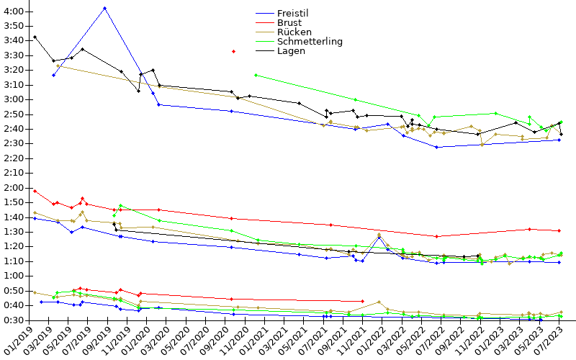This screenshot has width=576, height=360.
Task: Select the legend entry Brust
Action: pyautogui.click(x=289, y=23)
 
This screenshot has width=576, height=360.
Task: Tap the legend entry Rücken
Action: pyautogui.click(x=293, y=32)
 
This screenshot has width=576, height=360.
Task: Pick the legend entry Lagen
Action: pyautogui.click(x=291, y=51)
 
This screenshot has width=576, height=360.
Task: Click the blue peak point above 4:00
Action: pyautogui.click(x=105, y=8)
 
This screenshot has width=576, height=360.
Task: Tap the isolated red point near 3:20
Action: pyautogui.click(x=233, y=51)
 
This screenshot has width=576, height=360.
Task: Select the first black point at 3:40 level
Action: pyautogui.click(x=35, y=37)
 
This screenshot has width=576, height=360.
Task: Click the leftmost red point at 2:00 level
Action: pyautogui.click(x=35, y=191)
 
